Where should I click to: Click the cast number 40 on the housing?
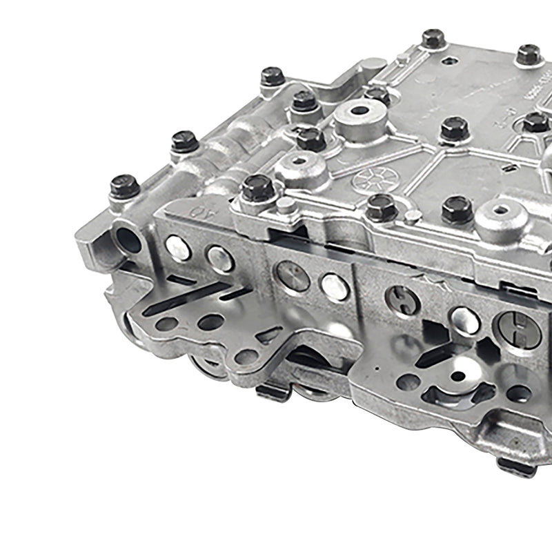pyautogui.click(x=200, y=209)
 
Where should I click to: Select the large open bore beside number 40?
pyautogui.click(x=128, y=240)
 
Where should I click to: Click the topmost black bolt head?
pyautogui.click(x=433, y=39)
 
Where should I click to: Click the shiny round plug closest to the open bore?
pyautogui.click(x=178, y=247)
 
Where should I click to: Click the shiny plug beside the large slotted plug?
pyautogui.click(x=464, y=319)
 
